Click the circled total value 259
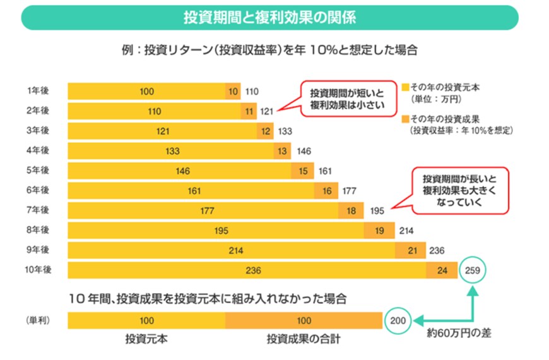click(473, 270)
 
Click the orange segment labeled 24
click(442, 270)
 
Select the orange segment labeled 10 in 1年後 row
click(233, 92)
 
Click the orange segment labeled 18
click(350, 210)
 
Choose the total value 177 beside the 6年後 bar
click(350, 191)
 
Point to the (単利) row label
click(37, 320)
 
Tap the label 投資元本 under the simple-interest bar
click(146, 340)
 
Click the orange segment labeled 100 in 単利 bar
click(304, 321)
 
